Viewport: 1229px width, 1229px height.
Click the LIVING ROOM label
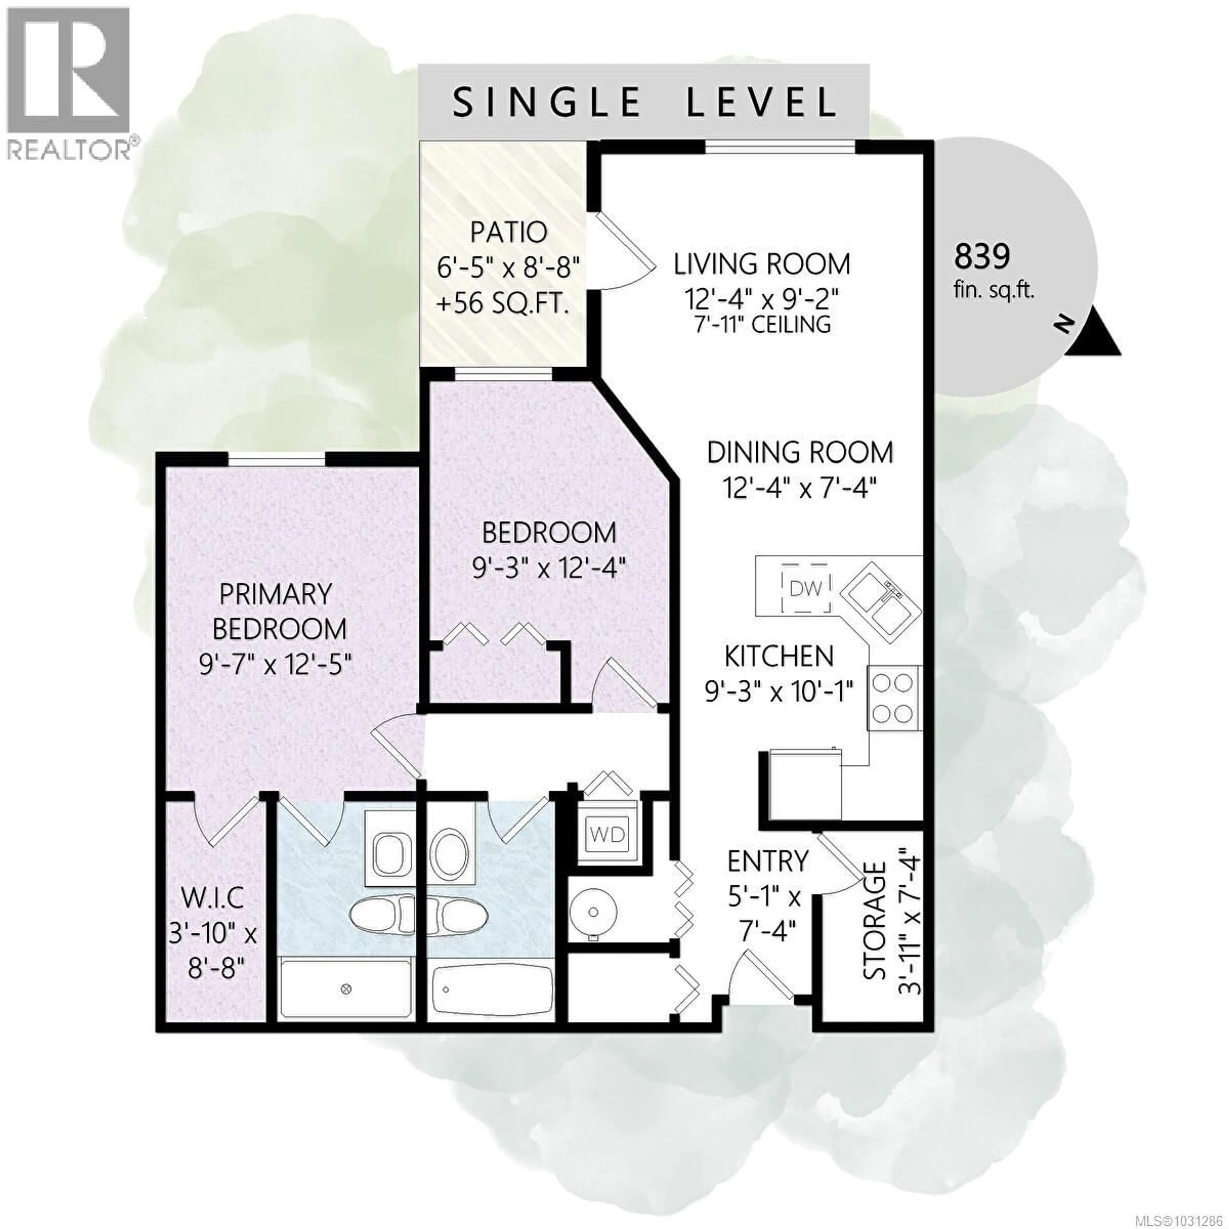[762, 264]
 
